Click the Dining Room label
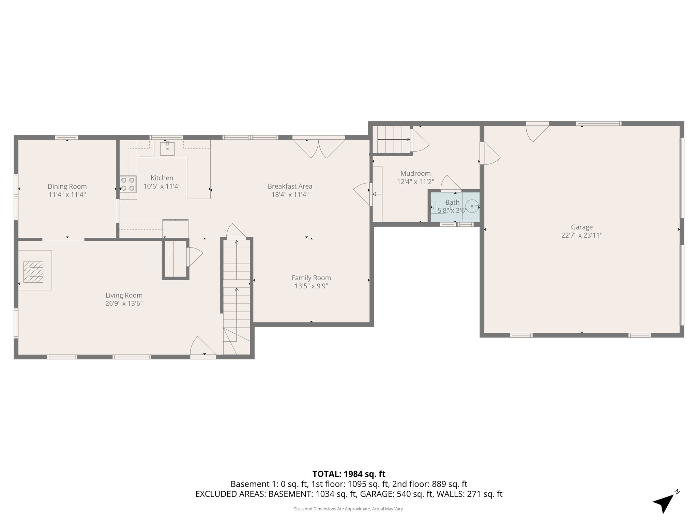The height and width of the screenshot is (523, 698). (67, 186)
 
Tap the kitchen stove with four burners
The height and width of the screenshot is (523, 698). (128, 184)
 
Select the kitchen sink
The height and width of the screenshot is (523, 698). (167, 149)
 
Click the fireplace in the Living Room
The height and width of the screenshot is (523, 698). (33, 272)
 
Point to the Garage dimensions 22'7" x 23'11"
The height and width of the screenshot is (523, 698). (582, 235)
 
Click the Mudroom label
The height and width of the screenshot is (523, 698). (415, 173)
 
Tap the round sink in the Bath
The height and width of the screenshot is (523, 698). (472, 206)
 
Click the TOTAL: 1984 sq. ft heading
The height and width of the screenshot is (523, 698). (349, 474)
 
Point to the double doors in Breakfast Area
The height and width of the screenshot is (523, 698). (319, 148)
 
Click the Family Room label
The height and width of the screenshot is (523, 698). (311, 278)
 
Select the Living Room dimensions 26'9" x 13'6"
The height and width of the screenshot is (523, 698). (124, 304)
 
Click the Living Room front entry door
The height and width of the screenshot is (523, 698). (203, 347)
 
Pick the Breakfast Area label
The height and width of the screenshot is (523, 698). (290, 186)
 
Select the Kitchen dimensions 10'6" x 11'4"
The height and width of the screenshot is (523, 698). (162, 186)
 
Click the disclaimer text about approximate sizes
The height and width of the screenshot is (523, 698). (349, 509)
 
